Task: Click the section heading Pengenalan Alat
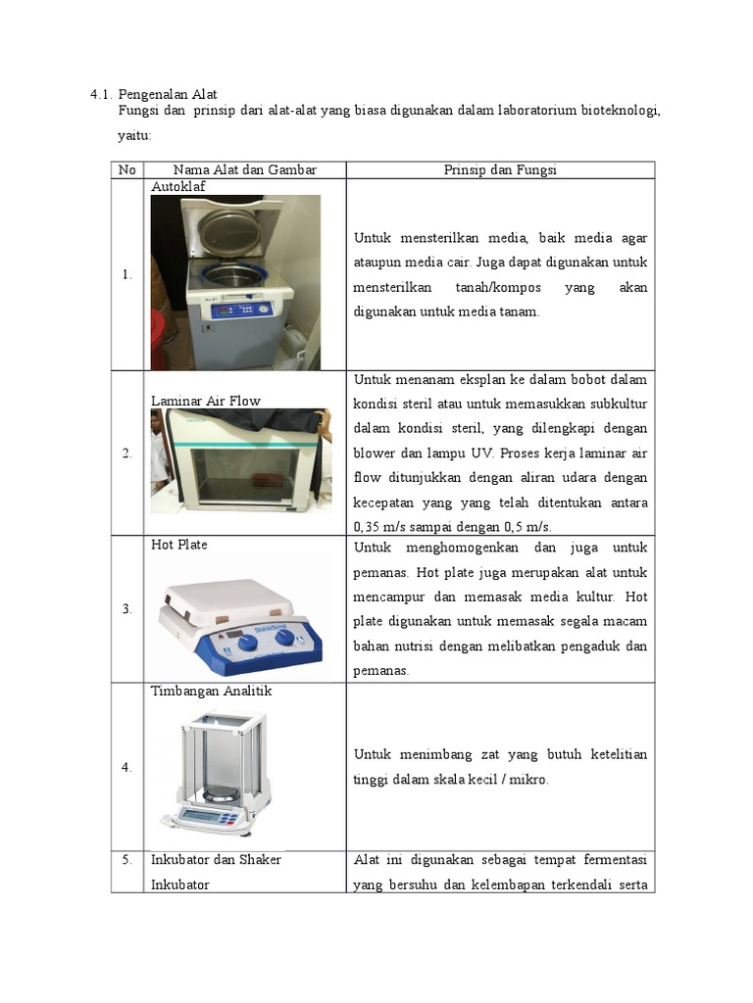168,94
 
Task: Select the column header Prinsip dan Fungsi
500,169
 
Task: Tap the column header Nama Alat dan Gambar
244,169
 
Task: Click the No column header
126,169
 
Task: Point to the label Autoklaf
178,186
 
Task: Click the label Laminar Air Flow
206,401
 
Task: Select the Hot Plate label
179,545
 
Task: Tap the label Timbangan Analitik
212,691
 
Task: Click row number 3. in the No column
126,608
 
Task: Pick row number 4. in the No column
126,766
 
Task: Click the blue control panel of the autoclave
242,311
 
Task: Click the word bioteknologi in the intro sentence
620,111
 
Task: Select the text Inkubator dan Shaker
216,859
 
